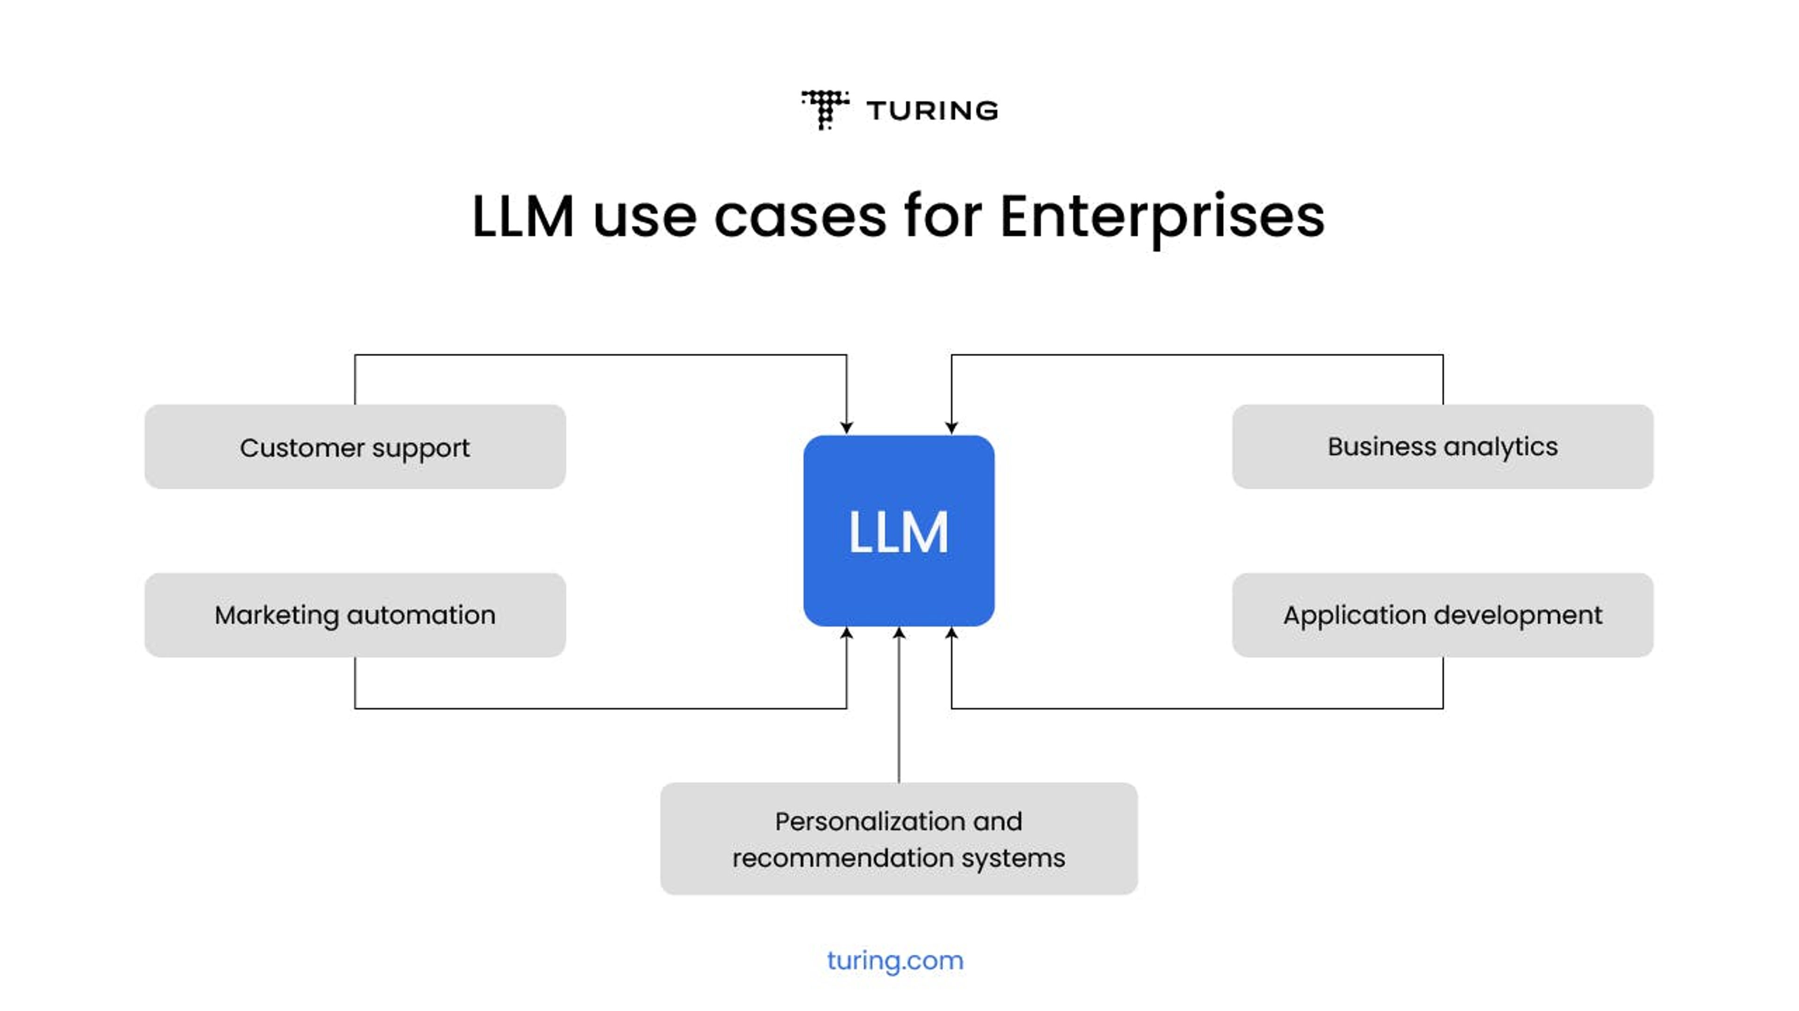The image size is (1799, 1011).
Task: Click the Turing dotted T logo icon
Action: [x=825, y=110]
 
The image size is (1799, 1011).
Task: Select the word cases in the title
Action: [x=800, y=216]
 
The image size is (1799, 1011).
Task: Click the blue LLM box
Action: [x=899, y=531]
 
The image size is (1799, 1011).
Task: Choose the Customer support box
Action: [x=355, y=447]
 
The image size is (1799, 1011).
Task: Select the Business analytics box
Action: [x=1443, y=447]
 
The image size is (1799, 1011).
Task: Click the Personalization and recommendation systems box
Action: [x=899, y=839]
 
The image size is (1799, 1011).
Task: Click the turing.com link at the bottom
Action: [x=895, y=961]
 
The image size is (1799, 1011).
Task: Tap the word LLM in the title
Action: [x=523, y=216]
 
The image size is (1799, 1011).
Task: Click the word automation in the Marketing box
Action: [x=421, y=615]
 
